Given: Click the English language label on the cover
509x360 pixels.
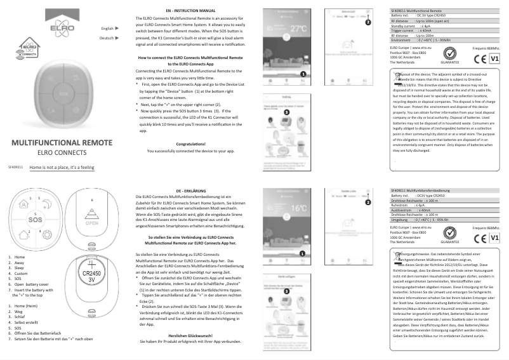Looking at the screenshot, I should (107, 29).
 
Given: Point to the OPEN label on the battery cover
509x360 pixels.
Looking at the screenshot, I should (92, 223).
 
